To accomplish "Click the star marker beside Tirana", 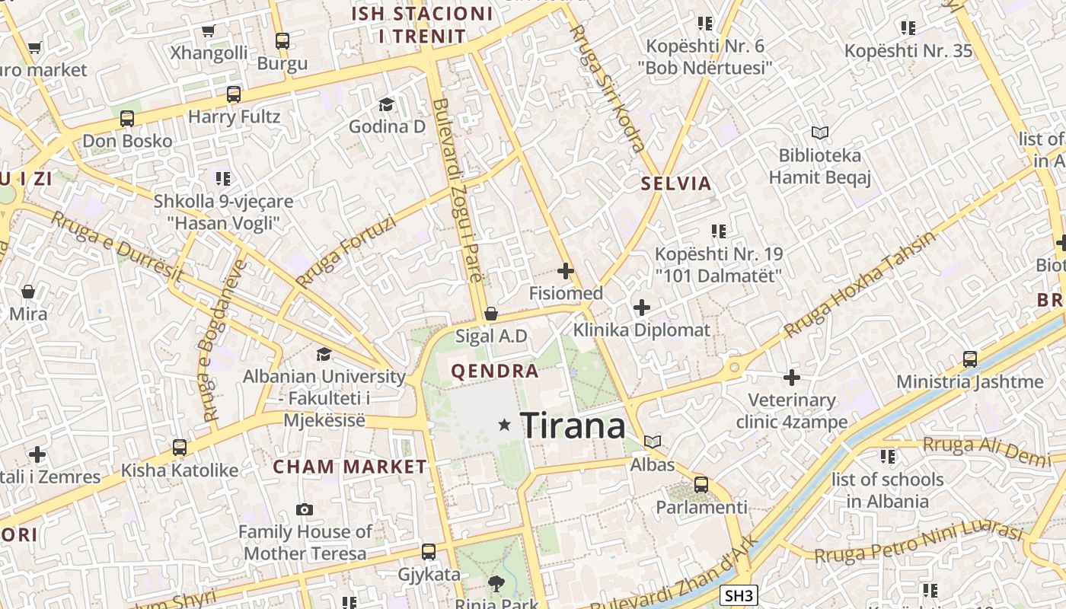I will [x=504, y=425].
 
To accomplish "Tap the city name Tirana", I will [x=573, y=425].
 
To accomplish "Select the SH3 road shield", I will [x=738, y=596].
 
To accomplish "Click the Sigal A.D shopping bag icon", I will [x=491, y=314].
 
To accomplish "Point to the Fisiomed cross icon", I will [x=566, y=270].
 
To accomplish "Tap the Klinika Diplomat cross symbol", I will [x=642, y=308].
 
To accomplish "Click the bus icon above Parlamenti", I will [x=701, y=484].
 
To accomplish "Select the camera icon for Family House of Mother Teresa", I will [x=305, y=509].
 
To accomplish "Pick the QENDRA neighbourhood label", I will [x=495, y=371].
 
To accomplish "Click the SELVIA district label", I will [x=676, y=183].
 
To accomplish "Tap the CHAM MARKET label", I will [x=350, y=467].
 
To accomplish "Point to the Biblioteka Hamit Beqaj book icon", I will [x=820, y=133].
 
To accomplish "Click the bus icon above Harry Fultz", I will [x=234, y=94].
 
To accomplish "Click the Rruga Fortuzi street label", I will [x=346, y=252].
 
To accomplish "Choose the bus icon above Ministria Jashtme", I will [x=970, y=359].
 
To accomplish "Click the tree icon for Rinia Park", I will [x=496, y=585].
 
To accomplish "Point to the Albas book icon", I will [x=653, y=442].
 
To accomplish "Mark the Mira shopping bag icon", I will [x=28, y=292].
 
